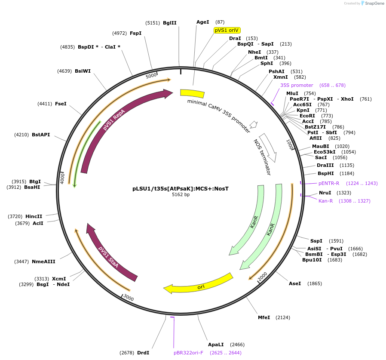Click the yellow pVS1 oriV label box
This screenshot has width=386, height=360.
[x=227, y=30]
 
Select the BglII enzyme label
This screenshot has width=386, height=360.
[x=169, y=23]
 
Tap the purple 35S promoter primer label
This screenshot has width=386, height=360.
[x=297, y=85]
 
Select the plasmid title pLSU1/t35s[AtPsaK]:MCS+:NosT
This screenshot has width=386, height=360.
[x=181, y=188]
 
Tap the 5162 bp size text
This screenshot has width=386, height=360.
[x=181, y=194]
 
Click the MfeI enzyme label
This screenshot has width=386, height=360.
[x=264, y=317]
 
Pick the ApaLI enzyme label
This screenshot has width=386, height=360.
[x=216, y=345]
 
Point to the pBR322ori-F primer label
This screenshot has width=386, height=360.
[x=188, y=353]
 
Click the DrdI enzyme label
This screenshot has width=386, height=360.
[x=143, y=353]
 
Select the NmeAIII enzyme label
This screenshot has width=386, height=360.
[x=43, y=262]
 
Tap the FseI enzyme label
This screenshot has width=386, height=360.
[x=61, y=104]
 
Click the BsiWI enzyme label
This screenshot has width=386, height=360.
[x=83, y=71]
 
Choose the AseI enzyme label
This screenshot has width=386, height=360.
[x=295, y=283]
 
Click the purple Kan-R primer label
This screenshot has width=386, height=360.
[x=326, y=201]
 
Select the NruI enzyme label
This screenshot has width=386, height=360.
[x=325, y=193]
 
